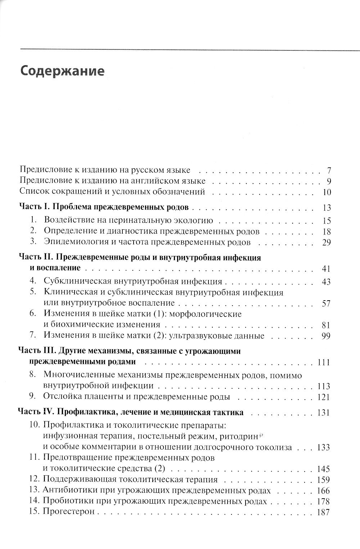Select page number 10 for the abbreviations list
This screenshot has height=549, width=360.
[327, 192]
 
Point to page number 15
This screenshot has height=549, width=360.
[327, 221]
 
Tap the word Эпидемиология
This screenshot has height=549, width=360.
[74, 242]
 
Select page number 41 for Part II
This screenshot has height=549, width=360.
[326, 269]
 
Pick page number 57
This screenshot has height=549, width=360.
[326, 303]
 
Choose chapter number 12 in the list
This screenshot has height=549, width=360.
[34, 480]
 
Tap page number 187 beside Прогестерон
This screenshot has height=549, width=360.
[323, 512]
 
